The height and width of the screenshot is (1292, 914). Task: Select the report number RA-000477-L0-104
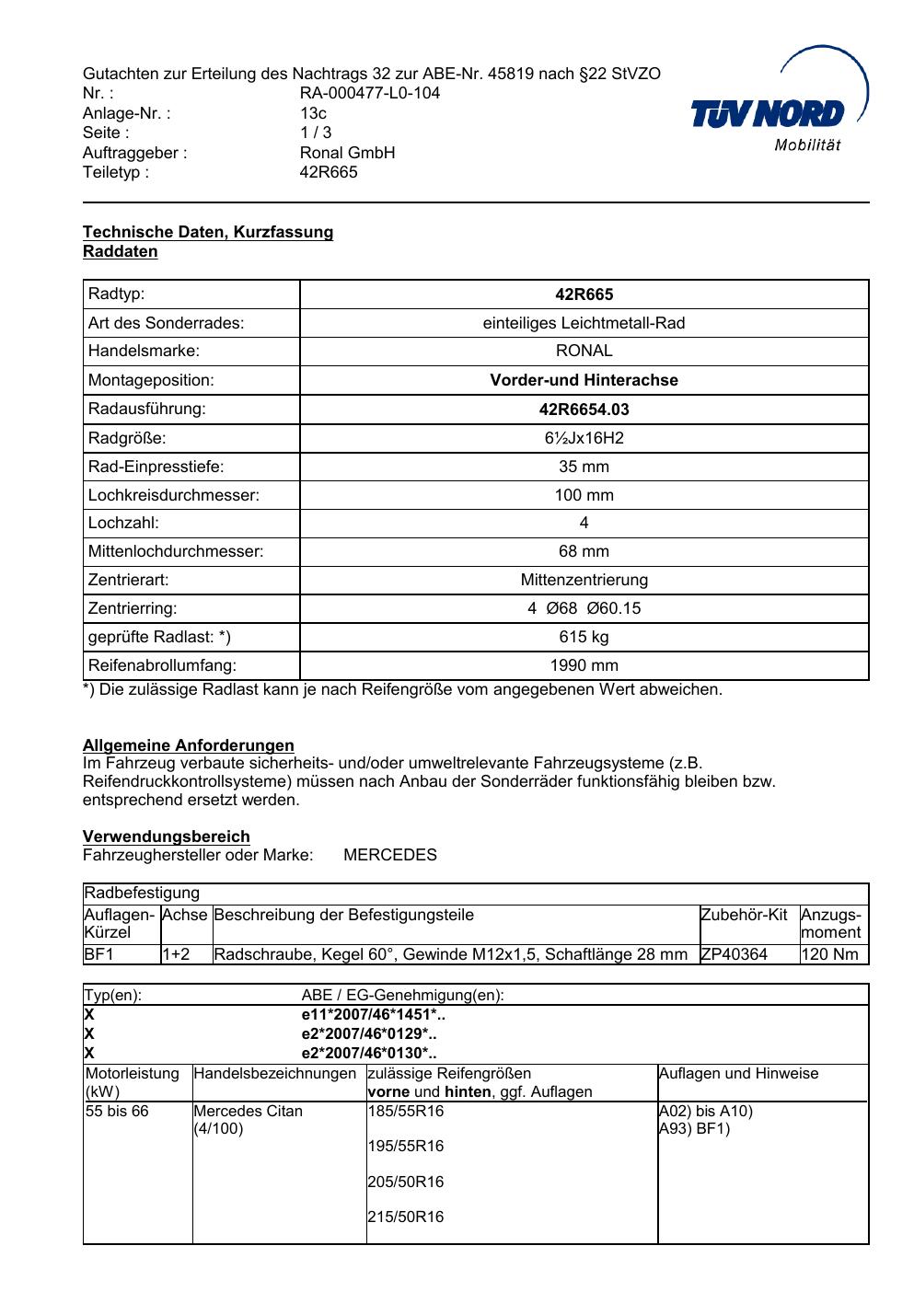point(370,93)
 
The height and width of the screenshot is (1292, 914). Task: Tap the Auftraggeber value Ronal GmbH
point(347,153)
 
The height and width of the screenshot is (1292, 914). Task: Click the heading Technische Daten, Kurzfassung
point(208,232)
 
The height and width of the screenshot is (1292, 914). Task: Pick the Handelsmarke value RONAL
point(584,351)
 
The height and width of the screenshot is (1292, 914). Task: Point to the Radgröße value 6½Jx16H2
point(584,438)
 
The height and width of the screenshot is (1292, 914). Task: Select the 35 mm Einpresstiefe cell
point(584,467)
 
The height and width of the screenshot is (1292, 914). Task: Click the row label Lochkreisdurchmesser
point(174,495)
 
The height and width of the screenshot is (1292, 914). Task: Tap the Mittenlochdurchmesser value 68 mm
point(584,551)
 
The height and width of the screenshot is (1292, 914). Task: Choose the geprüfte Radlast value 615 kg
point(584,637)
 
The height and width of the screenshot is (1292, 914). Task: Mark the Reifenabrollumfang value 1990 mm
point(584,665)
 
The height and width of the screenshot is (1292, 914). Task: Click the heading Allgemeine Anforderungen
point(189,745)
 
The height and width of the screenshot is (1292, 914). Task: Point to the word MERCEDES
point(390,855)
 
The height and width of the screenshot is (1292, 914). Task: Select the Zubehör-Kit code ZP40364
point(734,954)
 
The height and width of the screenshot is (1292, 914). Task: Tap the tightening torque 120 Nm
point(829,954)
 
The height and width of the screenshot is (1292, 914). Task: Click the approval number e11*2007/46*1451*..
point(373,1015)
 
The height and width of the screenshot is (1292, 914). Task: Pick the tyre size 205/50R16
point(405,1182)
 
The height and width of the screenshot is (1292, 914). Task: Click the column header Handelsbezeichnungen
point(274,1074)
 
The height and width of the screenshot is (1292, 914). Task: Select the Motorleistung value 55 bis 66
point(117,1112)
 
